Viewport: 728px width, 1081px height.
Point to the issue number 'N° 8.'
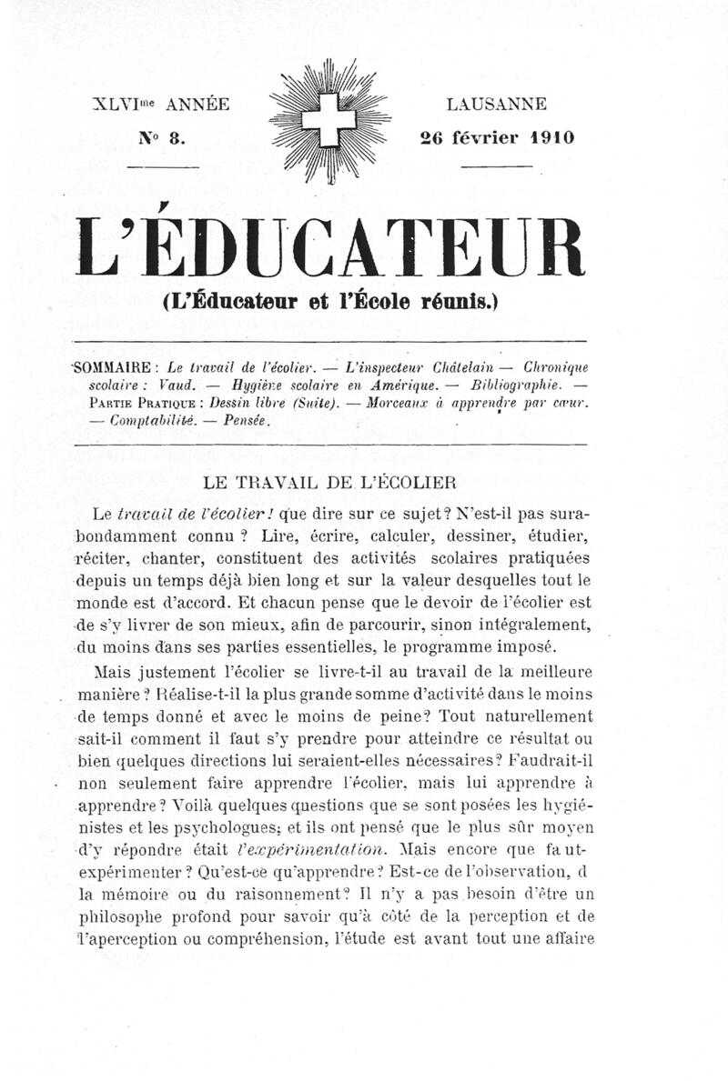point(161,138)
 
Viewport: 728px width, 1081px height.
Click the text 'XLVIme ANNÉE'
point(161,105)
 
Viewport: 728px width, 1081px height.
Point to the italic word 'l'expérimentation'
point(310,853)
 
